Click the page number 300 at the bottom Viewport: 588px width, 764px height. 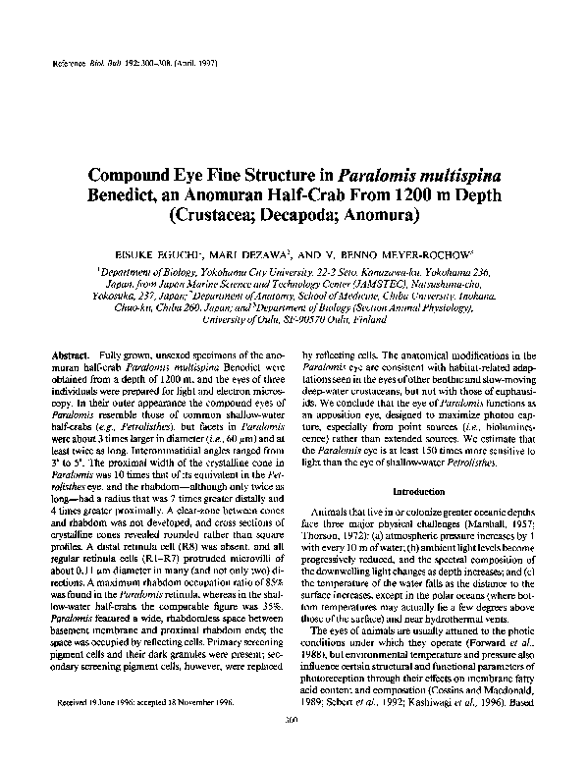click(x=294, y=746)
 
